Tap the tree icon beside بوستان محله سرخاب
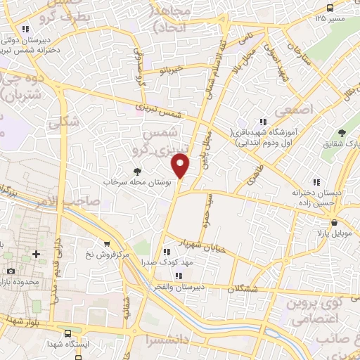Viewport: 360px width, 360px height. pyautogui.click(x=137, y=172)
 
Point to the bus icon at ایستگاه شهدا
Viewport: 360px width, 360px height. pyautogui.click(x=67, y=334)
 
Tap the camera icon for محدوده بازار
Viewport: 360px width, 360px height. pyautogui.click(x=11, y=271)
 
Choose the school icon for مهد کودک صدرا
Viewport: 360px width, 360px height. pyautogui.click(x=167, y=252)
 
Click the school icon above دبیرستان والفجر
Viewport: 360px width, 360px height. pyautogui.click(x=178, y=276)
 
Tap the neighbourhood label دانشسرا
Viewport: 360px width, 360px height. pyautogui.click(x=161, y=339)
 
